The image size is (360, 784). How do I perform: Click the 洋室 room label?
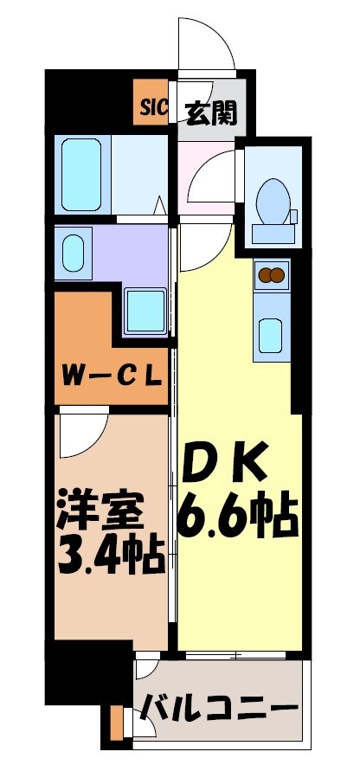click(x=96, y=509)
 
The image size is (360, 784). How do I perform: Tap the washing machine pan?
click(x=145, y=311)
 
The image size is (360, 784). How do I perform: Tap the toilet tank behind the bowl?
click(x=273, y=232)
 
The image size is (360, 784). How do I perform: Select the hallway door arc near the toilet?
click(x=210, y=176)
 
